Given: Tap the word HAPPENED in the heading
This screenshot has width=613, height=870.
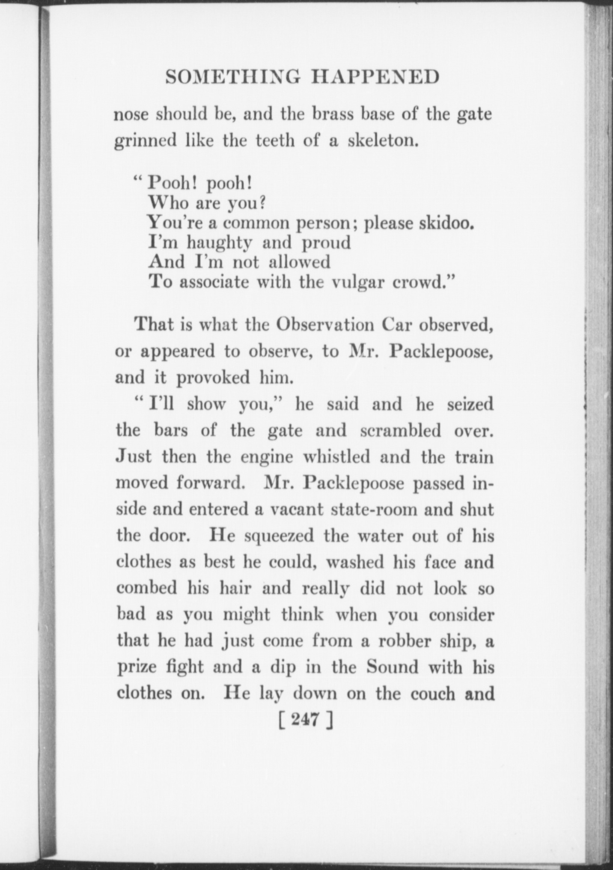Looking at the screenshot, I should (x=375, y=77).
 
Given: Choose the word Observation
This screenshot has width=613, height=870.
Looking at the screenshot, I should (x=325, y=325).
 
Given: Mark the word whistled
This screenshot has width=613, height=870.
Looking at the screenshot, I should (x=336, y=457).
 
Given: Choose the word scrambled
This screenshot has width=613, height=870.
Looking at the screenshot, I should (x=400, y=430).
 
